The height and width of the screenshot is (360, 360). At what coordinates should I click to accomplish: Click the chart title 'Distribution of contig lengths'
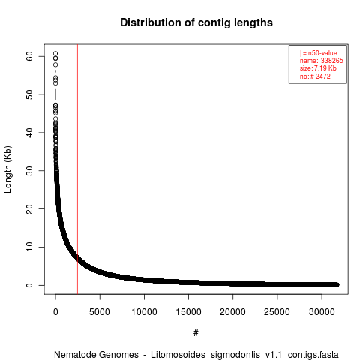pyautogui.click(x=196, y=22)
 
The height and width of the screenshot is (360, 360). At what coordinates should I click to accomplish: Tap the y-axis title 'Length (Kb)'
pyautogui.click(x=7, y=169)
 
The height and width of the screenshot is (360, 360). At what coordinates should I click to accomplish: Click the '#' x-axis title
pyautogui.click(x=196, y=332)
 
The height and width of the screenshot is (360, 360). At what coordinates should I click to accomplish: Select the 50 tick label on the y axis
pyautogui.click(x=29, y=94)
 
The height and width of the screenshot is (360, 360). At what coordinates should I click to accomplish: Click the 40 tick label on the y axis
pyautogui.click(x=29, y=133)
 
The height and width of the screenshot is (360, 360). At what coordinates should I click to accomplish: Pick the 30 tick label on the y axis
pyautogui.click(x=29, y=171)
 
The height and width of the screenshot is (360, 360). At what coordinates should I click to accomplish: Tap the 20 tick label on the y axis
pyautogui.click(x=29, y=209)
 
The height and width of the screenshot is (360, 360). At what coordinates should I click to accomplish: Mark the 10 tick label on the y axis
pyautogui.click(x=29, y=247)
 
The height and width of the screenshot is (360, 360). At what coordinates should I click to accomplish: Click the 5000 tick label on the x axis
pyautogui.click(x=100, y=312)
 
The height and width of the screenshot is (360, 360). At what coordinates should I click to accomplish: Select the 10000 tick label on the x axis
pyautogui.click(x=144, y=312)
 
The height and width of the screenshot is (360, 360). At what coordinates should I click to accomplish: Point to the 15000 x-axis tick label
pyautogui.click(x=188, y=312)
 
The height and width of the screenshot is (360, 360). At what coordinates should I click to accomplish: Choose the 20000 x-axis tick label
pyautogui.click(x=232, y=312)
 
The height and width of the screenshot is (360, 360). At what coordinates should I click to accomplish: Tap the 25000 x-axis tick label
pyautogui.click(x=277, y=312)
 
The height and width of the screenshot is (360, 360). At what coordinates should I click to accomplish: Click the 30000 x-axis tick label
pyautogui.click(x=322, y=312)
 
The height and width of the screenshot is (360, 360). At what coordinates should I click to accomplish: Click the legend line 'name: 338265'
pyautogui.click(x=322, y=61)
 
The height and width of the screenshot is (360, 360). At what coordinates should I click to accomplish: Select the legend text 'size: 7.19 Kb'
pyautogui.click(x=318, y=68)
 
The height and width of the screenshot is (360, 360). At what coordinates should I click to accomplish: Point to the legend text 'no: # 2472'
pyautogui.click(x=315, y=76)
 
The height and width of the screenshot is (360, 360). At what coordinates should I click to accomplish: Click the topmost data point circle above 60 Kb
pyautogui.click(x=55, y=53)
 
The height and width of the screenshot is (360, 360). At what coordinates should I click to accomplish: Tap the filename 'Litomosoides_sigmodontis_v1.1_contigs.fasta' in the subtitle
pyautogui.click(x=244, y=355)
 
